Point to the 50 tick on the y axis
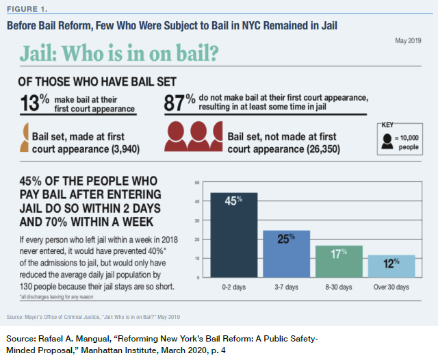click(197, 183)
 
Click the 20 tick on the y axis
click(197, 240)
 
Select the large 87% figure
click(180, 103)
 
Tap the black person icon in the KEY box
click(388, 141)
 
